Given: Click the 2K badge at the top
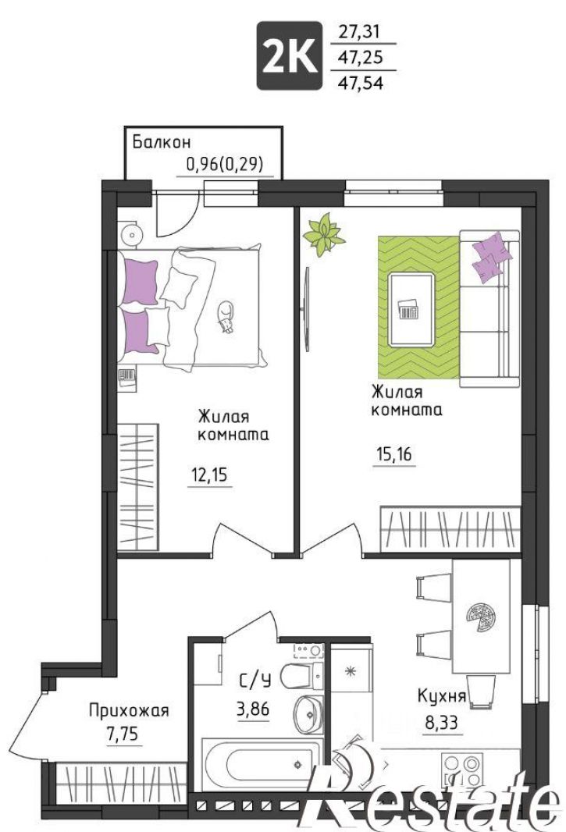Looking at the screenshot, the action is [290, 55].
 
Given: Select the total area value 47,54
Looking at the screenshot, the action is [361, 82].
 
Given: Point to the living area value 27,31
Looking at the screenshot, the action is [359, 32].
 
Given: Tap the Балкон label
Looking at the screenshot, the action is [162, 142].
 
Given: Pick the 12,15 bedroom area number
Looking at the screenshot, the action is [209, 475].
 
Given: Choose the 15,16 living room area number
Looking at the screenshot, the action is [393, 455].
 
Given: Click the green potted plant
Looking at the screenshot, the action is [323, 234].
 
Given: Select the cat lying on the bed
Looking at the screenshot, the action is [226, 317].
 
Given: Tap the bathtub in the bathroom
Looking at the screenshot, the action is [262, 763].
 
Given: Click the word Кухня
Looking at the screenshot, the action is [442, 695].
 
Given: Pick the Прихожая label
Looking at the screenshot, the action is [129, 710].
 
